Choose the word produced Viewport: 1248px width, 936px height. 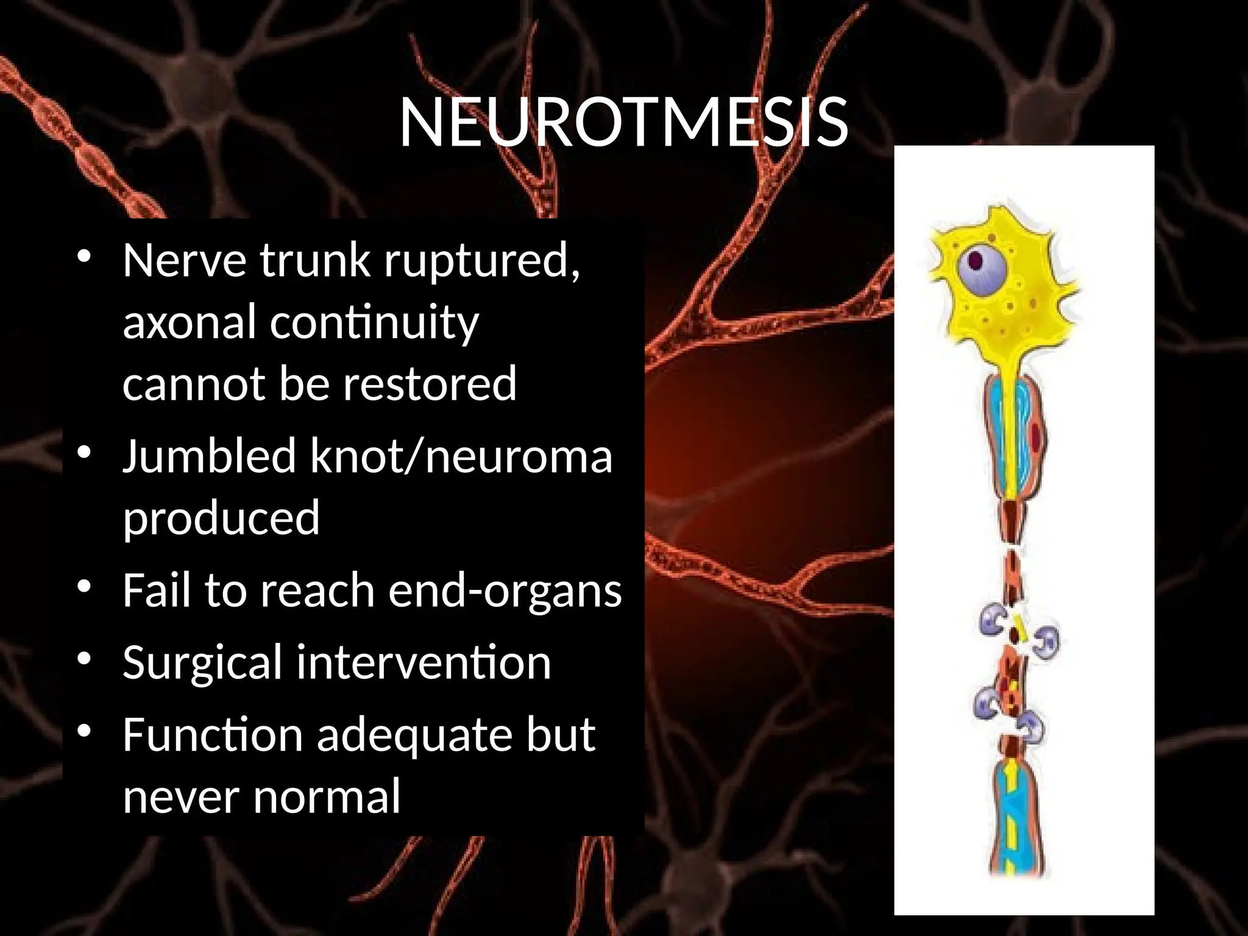(221, 518)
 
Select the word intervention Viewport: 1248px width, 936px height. (424, 663)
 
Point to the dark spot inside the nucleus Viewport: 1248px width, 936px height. (976, 261)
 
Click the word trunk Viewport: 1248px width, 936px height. (315, 261)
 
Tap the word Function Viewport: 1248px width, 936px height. (213, 735)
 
